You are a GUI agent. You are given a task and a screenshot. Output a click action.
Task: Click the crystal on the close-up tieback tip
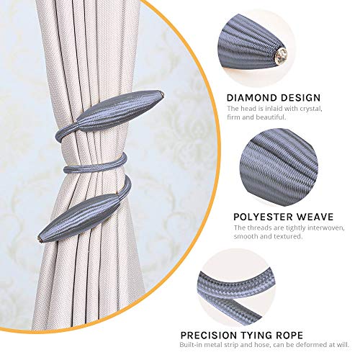[281, 56]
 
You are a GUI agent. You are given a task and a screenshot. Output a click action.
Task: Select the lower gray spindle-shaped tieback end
[79, 218]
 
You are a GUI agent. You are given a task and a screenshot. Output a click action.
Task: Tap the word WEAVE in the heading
[315, 217]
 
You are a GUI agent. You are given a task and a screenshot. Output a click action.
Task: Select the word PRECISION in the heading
[209, 335]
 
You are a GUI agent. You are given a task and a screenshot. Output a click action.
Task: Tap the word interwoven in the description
[326, 228]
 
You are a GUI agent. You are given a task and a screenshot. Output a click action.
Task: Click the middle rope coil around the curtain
[95, 163]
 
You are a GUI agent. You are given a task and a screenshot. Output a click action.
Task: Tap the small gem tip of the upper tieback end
[163, 94]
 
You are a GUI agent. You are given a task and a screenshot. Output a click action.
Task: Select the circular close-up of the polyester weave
[279, 166]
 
